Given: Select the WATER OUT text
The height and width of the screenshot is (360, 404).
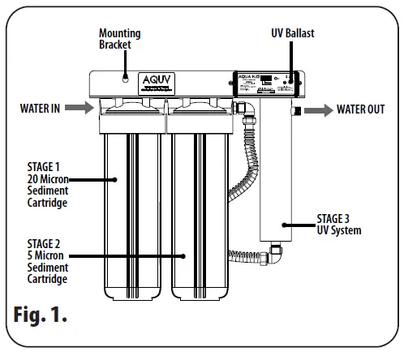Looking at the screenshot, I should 360,109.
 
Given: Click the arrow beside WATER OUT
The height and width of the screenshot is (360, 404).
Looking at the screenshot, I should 318,109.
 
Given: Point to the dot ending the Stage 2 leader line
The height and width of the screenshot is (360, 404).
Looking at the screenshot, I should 185,257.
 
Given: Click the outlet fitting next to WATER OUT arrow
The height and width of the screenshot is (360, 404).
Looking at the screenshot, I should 298,109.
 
